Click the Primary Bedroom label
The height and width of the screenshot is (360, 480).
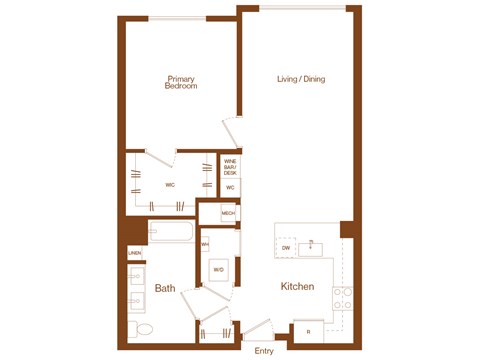(181, 83)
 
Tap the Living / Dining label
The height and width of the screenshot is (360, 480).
(301, 79)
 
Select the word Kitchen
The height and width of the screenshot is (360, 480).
(297, 287)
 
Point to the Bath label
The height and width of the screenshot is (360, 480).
(165, 289)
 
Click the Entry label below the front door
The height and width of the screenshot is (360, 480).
(264, 351)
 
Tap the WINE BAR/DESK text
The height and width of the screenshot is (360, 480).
(230, 166)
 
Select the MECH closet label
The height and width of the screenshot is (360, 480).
(228, 213)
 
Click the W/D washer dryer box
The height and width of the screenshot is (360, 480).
(219, 270)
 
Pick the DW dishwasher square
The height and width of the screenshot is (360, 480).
(287, 247)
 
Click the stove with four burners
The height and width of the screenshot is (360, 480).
(342, 297)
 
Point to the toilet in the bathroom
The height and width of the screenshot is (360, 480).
(142, 329)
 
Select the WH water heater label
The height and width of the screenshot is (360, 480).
(205, 243)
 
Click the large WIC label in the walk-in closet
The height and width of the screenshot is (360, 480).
(170, 185)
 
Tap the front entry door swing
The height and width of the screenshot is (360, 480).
(257, 330)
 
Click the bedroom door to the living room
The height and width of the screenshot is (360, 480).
(231, 131)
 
